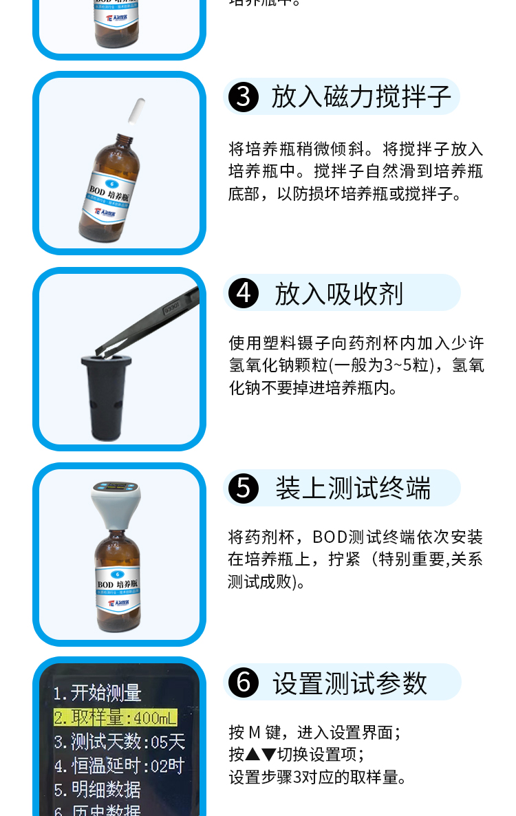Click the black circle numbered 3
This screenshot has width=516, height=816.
tap(243, 97)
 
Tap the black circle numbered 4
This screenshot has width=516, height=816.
tap(243, 293)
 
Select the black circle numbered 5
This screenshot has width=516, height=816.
tap(243, 488)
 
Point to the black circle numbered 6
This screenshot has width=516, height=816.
tap(243, 683)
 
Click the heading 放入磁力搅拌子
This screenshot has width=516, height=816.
tap(361, 97)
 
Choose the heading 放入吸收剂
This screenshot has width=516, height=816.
tap(338, 293)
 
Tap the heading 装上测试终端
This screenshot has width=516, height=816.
tap(353, 488)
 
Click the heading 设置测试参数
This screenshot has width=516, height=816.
tap(350, 683)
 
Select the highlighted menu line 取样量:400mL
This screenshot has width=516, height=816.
tap(116, 718)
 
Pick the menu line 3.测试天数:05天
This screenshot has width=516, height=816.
tap(120, 742)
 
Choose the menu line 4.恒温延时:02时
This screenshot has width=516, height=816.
tap(120, 766)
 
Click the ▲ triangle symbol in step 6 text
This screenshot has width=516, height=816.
tap(252, 755)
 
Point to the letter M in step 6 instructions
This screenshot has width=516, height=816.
tap(255, 732)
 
